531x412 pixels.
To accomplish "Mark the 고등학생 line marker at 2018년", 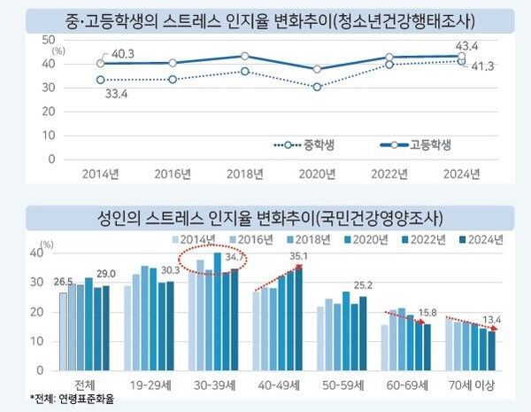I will [245, 56].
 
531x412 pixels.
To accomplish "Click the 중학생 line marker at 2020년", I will [317, 87].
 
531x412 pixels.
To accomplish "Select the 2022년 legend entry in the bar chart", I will [422, 239].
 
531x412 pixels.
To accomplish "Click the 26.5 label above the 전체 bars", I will [63, 283].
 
